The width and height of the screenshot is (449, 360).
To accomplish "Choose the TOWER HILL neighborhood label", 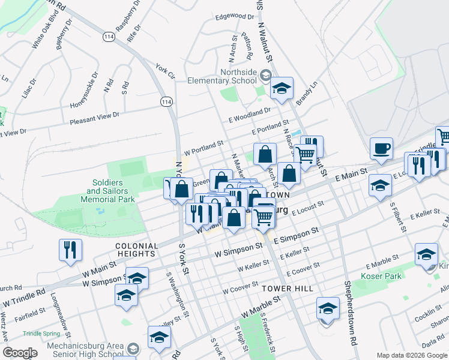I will (288, 289).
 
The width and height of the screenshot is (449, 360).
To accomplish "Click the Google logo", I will (20, 353).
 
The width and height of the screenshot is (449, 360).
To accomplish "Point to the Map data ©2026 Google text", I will (411, 355).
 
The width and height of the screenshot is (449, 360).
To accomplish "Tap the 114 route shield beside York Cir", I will (166, 102).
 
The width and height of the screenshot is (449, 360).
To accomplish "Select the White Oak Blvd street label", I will (44, 37).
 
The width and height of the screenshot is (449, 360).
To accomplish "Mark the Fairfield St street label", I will (31, 313).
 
